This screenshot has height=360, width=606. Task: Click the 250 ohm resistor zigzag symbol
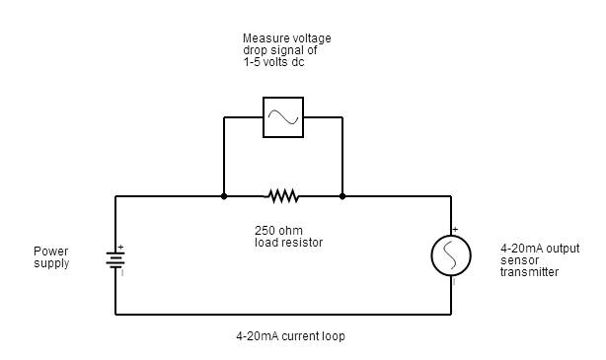tap(283, 197)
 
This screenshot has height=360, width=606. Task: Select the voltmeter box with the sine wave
tap(283, 117)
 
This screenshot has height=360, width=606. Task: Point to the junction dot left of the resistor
tap(224, 197)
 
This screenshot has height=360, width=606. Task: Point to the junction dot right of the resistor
tap(342, 197)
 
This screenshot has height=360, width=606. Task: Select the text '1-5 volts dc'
tap(274, 61)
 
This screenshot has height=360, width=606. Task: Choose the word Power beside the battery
tap(50, 252)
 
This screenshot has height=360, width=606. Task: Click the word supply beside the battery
tap(51, 263)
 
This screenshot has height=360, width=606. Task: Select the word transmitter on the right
tap(529, 271)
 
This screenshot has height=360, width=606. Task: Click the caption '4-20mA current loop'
tap(290, 335)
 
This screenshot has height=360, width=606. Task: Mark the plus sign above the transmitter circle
tap(455, 230)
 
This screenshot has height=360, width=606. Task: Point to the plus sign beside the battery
tap(120, 247)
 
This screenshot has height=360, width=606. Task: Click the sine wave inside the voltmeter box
tap(283, 118)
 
